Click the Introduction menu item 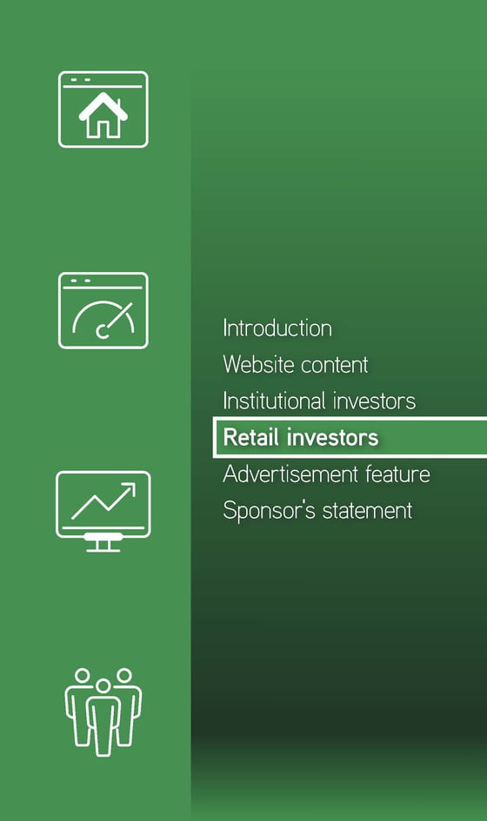coord(277,328)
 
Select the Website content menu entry coord(296,364)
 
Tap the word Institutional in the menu coord(274,401)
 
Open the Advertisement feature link coord(326,474)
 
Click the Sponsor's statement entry coord(317,511)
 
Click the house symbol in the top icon coord(103,116)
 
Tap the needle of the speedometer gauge coord(117,318)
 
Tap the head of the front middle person coord(103,686)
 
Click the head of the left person coord(83,675)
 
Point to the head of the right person coord(124,675)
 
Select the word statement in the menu coord(368,511)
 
